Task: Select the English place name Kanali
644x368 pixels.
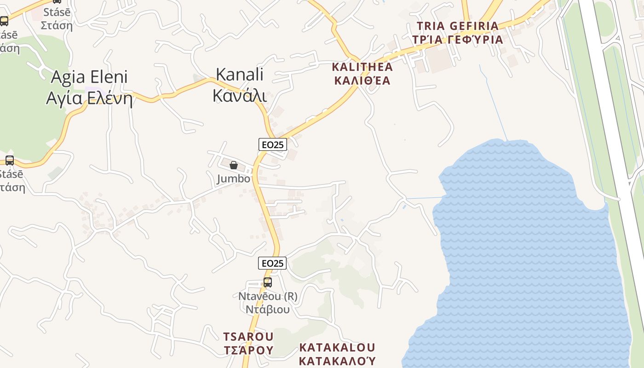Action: (x=239, y=74)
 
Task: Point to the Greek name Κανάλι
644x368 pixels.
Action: (x=239, y=95)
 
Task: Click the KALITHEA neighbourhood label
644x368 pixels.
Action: (x=362, y=67)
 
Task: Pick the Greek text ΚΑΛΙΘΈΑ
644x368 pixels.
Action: (x=362, y=81)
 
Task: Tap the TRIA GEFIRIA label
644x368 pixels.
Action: (x=457, y=26)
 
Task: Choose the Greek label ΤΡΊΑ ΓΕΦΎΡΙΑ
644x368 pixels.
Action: (x=457, y=40)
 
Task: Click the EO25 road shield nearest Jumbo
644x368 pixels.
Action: (x=272, y=144)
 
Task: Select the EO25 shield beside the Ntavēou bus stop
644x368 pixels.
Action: (x=272, y=263)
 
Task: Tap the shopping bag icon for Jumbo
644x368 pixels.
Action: (x=234, y=165)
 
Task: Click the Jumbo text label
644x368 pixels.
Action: (x=234, y=178)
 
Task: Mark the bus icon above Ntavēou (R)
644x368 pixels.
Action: (x=267, y=282)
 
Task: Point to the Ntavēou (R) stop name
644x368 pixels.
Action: (x=268, y=296)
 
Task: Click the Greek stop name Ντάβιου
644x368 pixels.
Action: (x=268, y=309)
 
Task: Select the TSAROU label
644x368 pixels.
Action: (x=248, y=337)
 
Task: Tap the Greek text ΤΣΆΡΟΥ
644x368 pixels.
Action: (x=248, y=351)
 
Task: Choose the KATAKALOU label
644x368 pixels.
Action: (x=337, y=347)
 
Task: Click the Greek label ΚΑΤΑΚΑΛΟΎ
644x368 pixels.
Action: (x=337, y=360)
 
